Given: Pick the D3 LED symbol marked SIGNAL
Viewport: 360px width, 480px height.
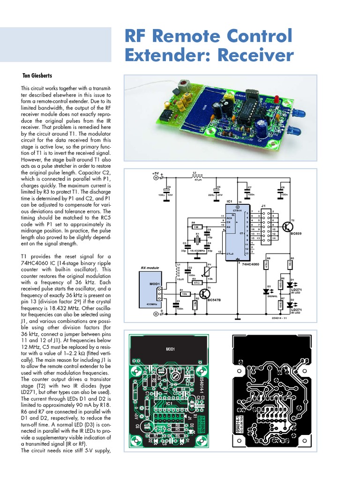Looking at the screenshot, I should pyautogui.click(x=269, y=291).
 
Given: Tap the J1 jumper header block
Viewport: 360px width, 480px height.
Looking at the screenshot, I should pyautogui.click(x=268, y=227).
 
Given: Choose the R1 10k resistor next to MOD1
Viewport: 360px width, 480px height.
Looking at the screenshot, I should pyautogui.click(x=185, y=293).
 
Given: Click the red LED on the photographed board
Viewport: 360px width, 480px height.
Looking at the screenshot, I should pyautogui.click(x=277, y=99).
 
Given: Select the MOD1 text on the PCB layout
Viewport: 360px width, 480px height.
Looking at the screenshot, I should pyautogui.click(x=170, y=349).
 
